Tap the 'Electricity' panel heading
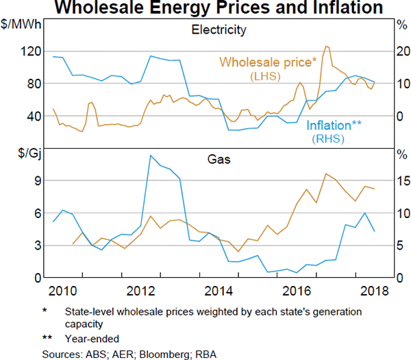(x=219, y=30)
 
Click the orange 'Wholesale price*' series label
(x=268, y=62)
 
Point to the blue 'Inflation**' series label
(x=334, y=125)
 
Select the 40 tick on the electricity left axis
(x=29, y=116)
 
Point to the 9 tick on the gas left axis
(x=32, y=180)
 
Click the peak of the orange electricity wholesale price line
(x=327, y=46)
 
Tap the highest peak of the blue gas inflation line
(x=150, y=156)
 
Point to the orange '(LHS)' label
(x=266, y=76)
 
